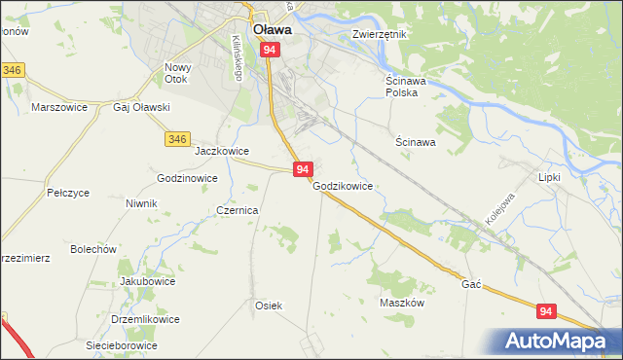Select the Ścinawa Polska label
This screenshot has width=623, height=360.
coord(401,87)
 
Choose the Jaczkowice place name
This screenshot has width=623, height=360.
coord(223,152)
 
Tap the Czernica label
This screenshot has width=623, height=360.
coord(238,210)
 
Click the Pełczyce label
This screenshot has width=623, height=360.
coord(68,194)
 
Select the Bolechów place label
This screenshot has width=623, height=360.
coord(93,249)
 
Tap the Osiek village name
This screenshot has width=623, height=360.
coord(269,306)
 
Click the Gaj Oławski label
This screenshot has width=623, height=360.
coord(142,107)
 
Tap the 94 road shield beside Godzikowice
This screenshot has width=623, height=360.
coord(302,169)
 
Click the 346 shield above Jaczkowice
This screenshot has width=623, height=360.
coord(176,140)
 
